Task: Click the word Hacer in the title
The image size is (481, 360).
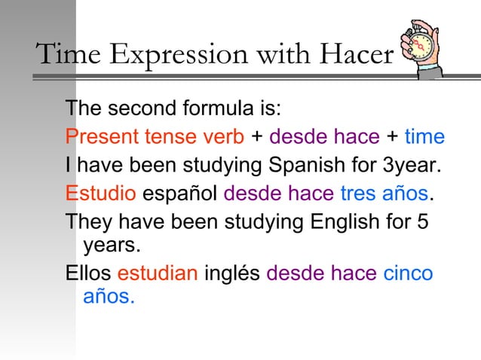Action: [356, 54]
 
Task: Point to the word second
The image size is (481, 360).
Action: [146, 109]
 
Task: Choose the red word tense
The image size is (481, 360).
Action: [170, 138]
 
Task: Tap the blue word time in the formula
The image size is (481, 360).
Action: [424, 138]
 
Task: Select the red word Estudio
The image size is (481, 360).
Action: [100, 192]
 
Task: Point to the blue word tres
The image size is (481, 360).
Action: [358, 192]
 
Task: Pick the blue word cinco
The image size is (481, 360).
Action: [408, 273]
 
